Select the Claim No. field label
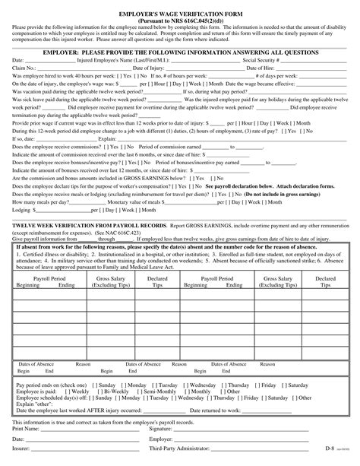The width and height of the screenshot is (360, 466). [x=24, y=67]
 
